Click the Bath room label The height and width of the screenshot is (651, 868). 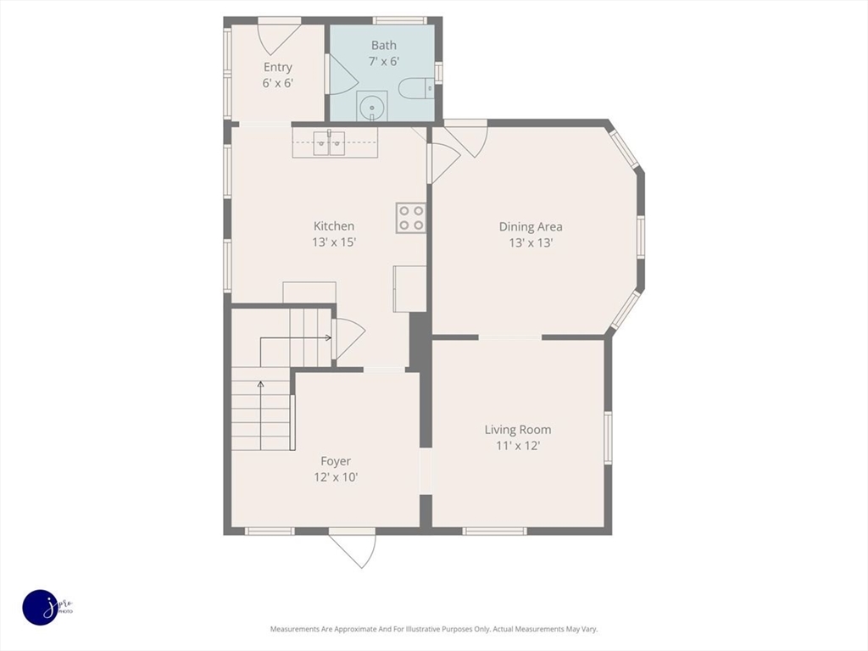[384, 46]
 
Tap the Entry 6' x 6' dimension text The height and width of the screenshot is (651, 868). [277, 84]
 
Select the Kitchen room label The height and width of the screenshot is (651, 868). [334, 225]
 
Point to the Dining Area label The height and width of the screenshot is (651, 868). [531, 226]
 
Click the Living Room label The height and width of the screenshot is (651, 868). [518, 430]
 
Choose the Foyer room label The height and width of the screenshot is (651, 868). [336, 461]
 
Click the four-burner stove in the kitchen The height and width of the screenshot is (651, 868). [411, 218]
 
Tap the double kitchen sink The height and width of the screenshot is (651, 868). [330, 142]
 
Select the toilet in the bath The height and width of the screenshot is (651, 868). [417, 88]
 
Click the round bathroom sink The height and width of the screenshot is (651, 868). [372, 107]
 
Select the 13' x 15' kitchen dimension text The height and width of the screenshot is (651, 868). [334, 242]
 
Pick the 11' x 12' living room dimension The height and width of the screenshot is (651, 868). [518, 446]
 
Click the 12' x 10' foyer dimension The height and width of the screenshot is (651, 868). [336, 477]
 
